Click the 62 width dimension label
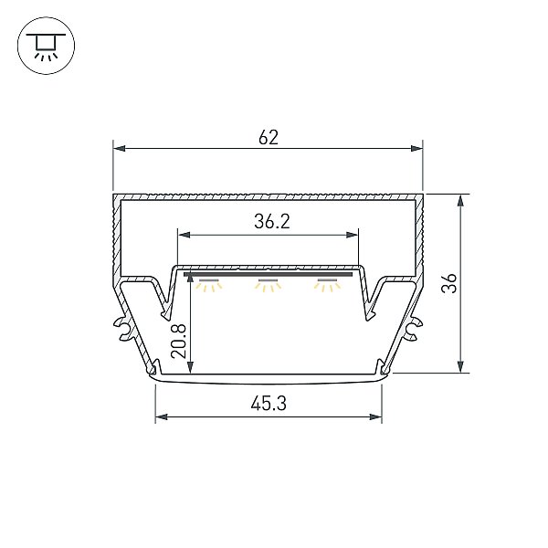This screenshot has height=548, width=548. [269, 137]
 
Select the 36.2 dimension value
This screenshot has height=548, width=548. [272, 222]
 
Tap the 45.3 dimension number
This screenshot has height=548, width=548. [269, 403]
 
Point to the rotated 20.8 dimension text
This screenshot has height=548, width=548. [178, 341]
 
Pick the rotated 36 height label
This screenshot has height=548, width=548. [449, 283]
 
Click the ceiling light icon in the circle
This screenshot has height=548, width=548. [46, 46]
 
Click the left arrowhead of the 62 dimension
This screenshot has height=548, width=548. [119, 149]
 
